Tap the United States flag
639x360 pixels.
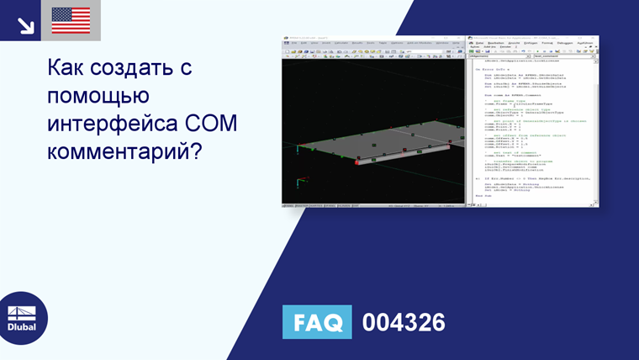pyautogui.click(x=71, y=20)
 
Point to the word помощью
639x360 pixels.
pyautogui.click(x=99, y=96)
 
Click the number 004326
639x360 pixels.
pyautogui.click(x=403, y=322)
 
